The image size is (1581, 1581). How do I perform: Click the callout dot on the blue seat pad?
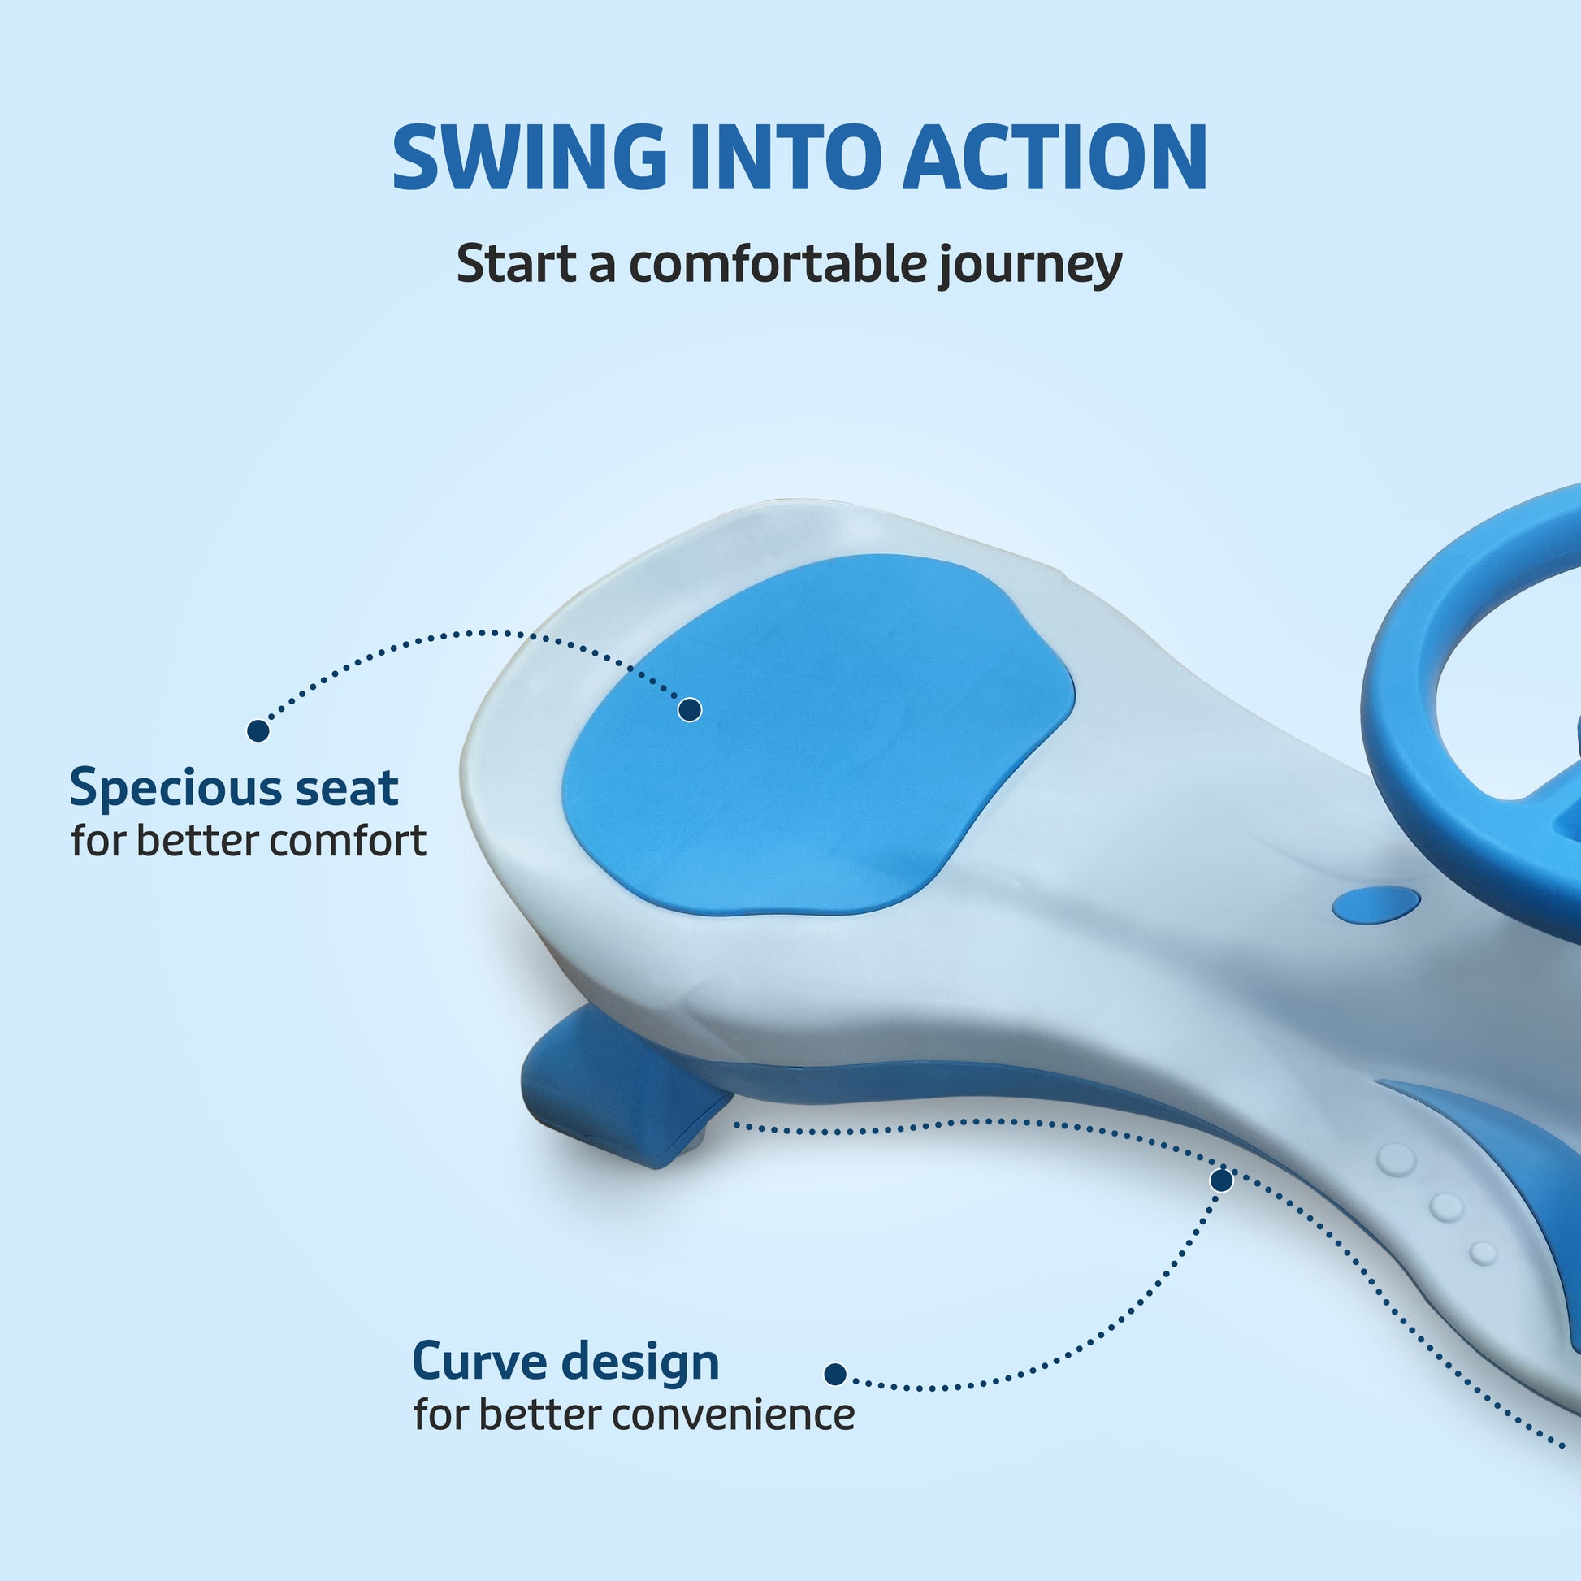[x=690, y=709]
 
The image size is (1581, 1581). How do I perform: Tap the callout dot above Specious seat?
[x=258, y=730]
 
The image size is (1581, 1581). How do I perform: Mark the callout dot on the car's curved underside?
[x=1222, y=1180]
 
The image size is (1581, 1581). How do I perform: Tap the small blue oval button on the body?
[x=1376, y=904]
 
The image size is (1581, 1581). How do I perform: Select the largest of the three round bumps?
[x=1396, y=1159]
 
